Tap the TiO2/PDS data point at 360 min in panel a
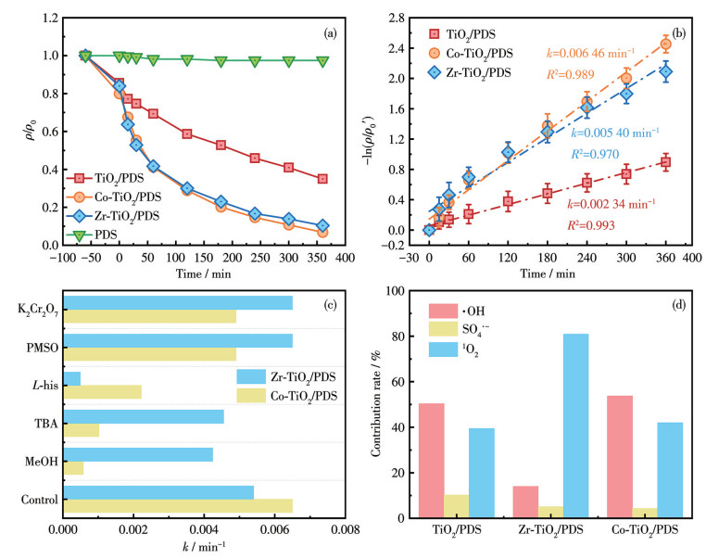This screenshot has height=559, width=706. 322,179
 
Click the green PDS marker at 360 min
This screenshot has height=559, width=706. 322,61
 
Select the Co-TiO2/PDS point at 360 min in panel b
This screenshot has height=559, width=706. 665,44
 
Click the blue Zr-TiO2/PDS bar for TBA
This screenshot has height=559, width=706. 144,416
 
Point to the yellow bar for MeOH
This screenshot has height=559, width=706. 73,467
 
